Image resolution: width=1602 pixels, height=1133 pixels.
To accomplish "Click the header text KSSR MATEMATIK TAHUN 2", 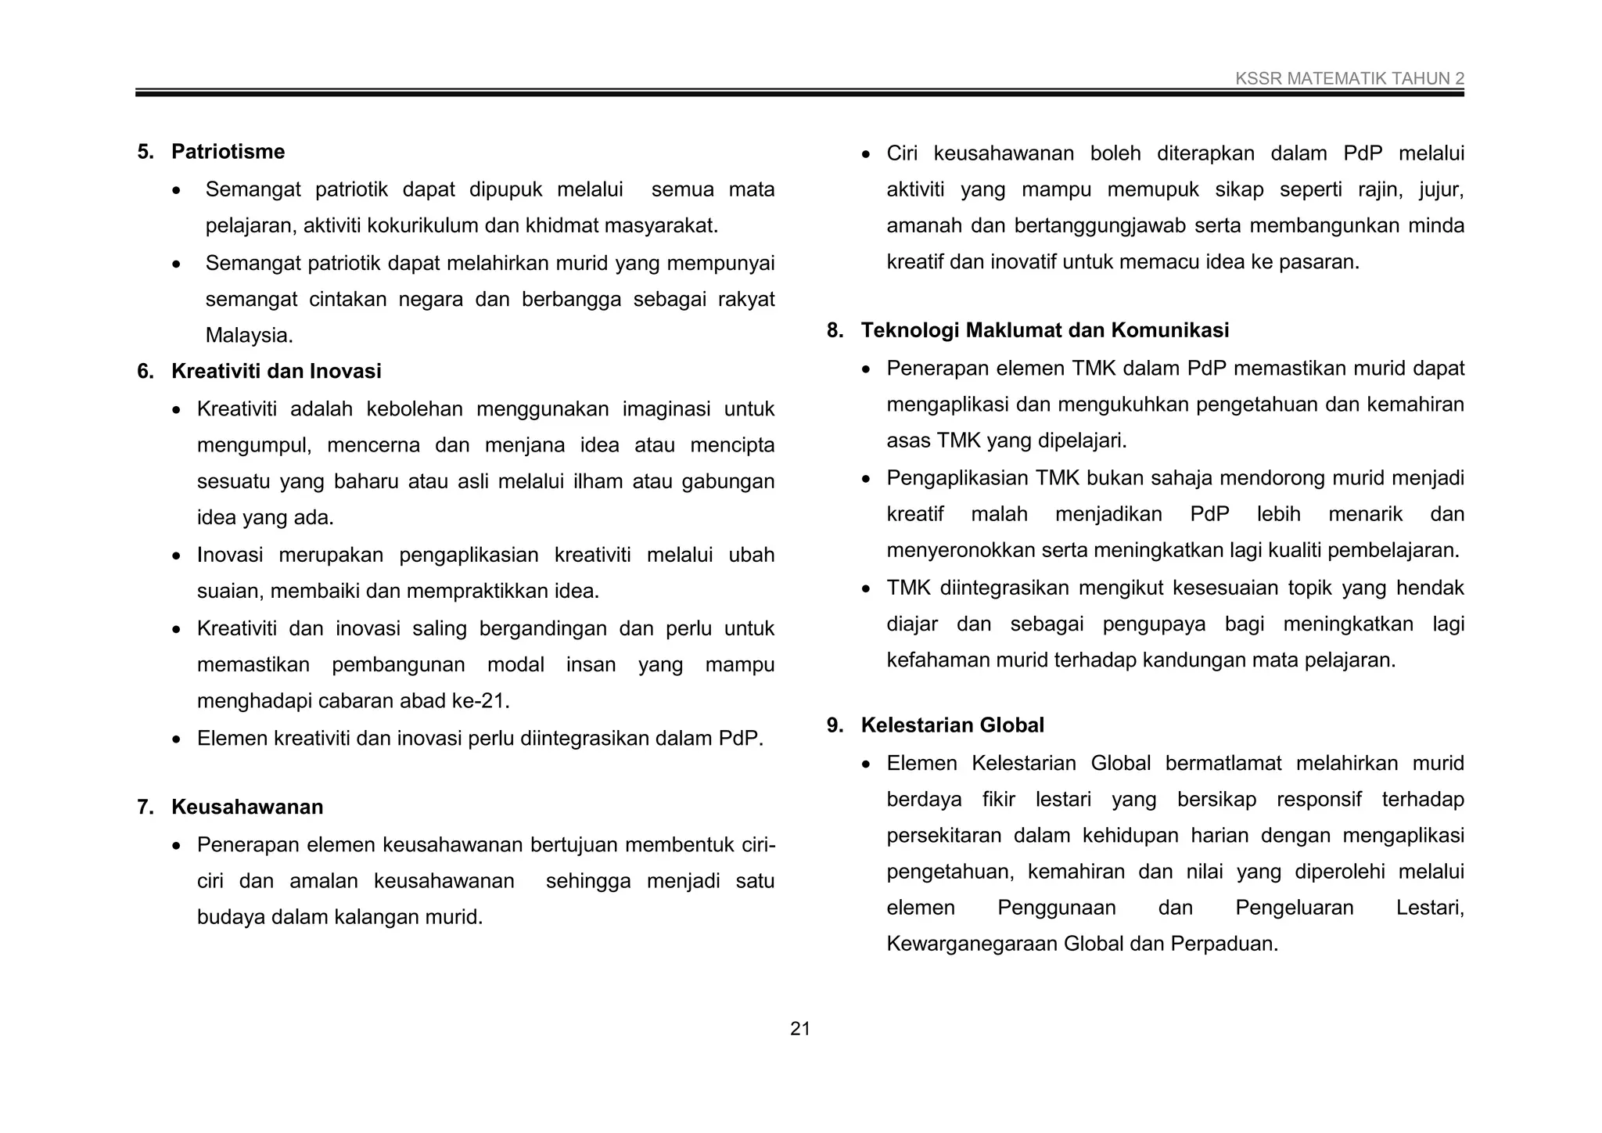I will coord(1349,78).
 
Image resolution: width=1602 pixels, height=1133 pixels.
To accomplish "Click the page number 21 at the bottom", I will coord(800,1029).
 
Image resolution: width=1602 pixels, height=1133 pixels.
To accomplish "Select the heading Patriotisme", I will coord(228,152).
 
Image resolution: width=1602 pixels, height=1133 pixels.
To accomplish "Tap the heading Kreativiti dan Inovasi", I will coord(276,371).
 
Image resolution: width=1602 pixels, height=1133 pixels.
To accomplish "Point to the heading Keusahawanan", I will coord(247,807).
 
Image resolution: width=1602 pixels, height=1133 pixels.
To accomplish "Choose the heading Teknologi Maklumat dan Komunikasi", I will coord(1044,330).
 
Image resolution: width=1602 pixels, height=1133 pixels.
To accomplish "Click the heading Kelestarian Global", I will coord(952,725).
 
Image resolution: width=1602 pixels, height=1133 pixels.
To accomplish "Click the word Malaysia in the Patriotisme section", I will coord(247,336).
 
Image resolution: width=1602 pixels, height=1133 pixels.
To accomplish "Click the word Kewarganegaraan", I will coord(972,944).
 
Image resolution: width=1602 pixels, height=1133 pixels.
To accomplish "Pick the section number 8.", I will coord(834,330).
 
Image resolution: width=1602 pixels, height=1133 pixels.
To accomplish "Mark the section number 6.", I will coord(145,371).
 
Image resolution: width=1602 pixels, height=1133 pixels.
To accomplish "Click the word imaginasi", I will coord(666,409).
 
